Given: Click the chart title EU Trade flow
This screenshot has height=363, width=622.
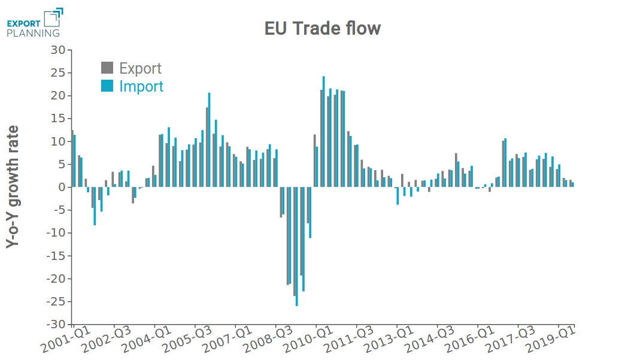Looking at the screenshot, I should pos(323,28).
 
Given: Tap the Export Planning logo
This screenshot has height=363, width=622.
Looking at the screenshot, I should pos(34,23).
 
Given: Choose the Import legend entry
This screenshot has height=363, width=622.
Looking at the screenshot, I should pos(132,86).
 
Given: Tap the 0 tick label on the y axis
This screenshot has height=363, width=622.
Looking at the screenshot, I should pos(61,187).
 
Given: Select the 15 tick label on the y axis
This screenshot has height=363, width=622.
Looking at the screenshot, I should pos(57,119).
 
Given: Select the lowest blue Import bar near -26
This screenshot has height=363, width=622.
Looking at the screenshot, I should pos(296,246).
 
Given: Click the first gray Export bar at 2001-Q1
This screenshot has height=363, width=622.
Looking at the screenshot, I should pos(72,159).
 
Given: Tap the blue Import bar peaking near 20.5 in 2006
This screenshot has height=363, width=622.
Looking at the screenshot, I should pos(209,140).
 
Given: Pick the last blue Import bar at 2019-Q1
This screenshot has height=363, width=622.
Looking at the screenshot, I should pos(572,184).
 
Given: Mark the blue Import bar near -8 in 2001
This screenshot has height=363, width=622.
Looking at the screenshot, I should pos(95,206).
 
